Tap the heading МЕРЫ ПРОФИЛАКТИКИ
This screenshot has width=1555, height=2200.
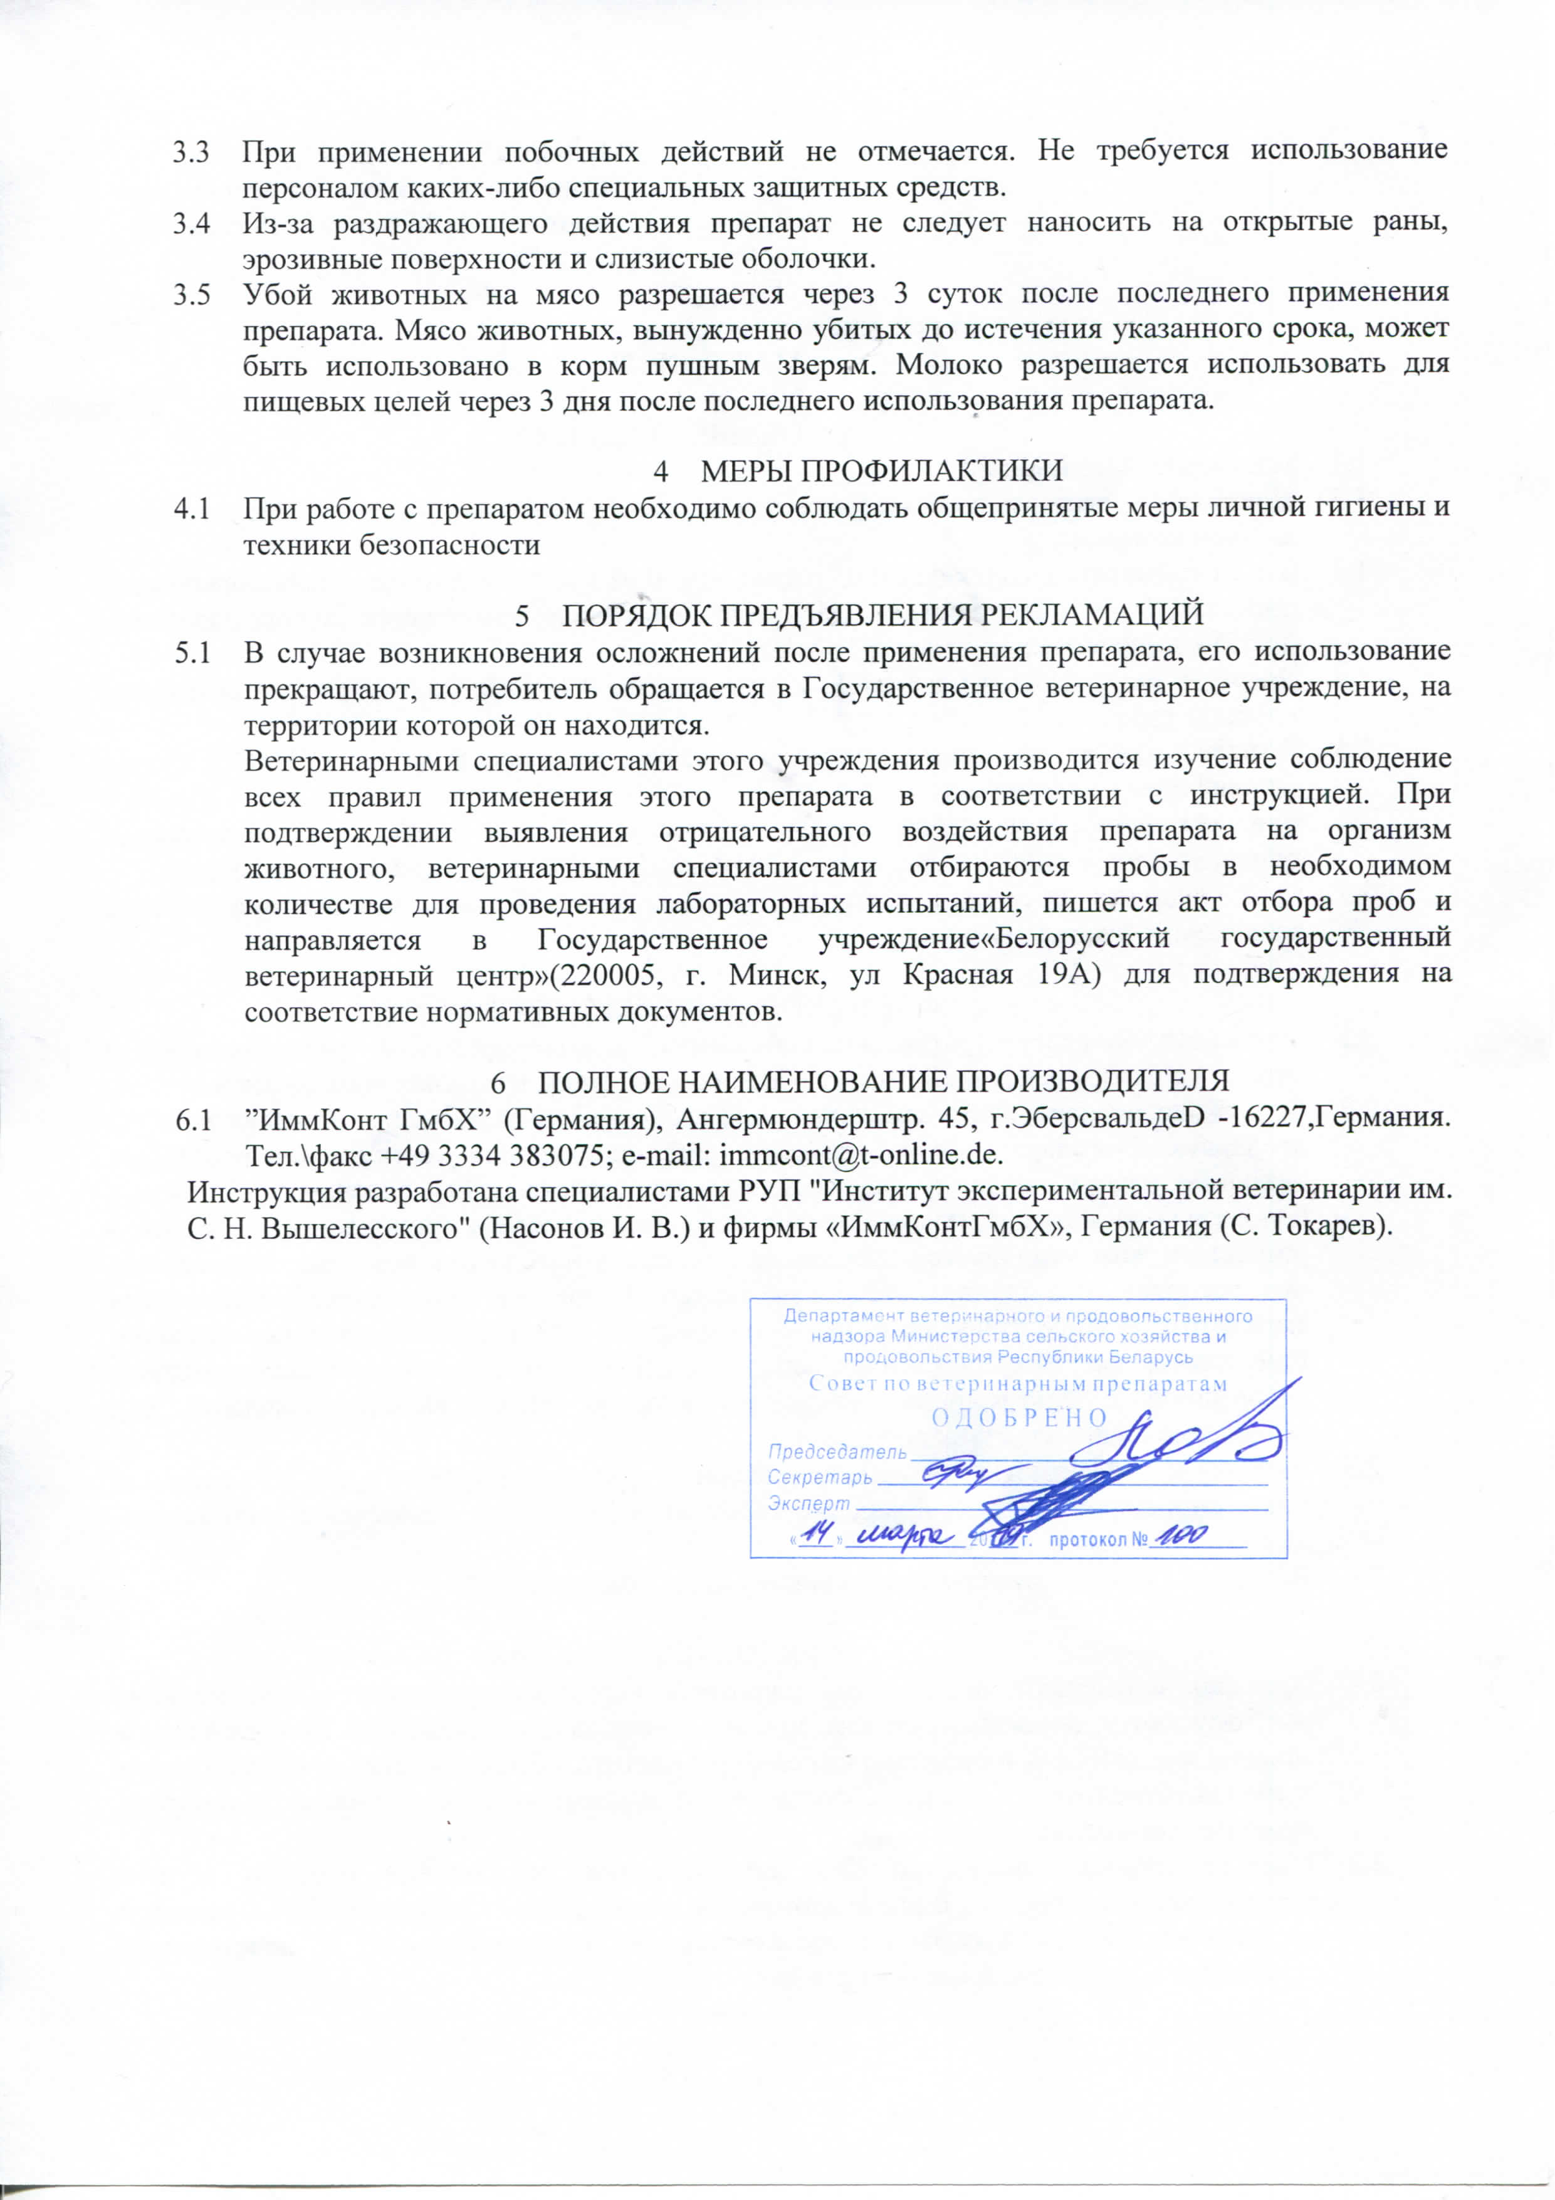pyautogui.click(x=881, y=471)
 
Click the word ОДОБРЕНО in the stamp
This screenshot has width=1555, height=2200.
pyautogui.click(x=1019, y=1417)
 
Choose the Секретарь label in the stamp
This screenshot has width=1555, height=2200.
pyautogui.click(x=819, y=1476)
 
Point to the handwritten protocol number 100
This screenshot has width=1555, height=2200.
pyautogui.click(x=1180, y=1536)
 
